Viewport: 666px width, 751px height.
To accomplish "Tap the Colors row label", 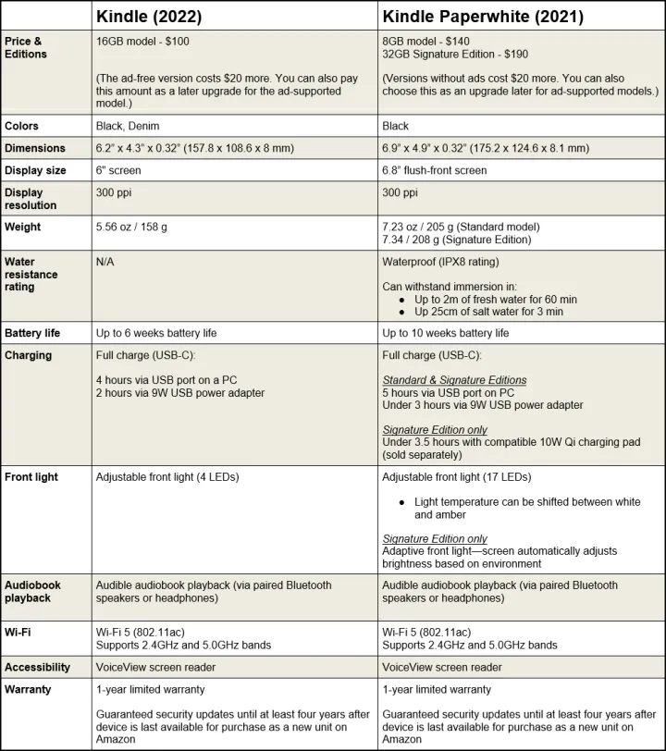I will click(x=21, y=126).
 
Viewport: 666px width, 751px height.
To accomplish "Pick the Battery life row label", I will click(x=33, y=333).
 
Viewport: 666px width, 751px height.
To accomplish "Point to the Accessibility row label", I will click(x=37, y=667).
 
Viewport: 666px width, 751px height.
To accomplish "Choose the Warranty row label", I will click(x=29, y=689).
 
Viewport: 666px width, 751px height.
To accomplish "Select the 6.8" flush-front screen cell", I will click(x=435, y=170).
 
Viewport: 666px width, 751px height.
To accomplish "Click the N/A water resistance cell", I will click(x=105, y=262).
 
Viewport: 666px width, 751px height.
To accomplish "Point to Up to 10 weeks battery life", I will click(x=446, y=333).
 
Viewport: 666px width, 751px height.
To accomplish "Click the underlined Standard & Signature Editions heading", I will click(x=455, y=380).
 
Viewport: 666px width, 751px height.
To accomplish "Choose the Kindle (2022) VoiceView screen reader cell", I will click(x=157, y=667).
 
